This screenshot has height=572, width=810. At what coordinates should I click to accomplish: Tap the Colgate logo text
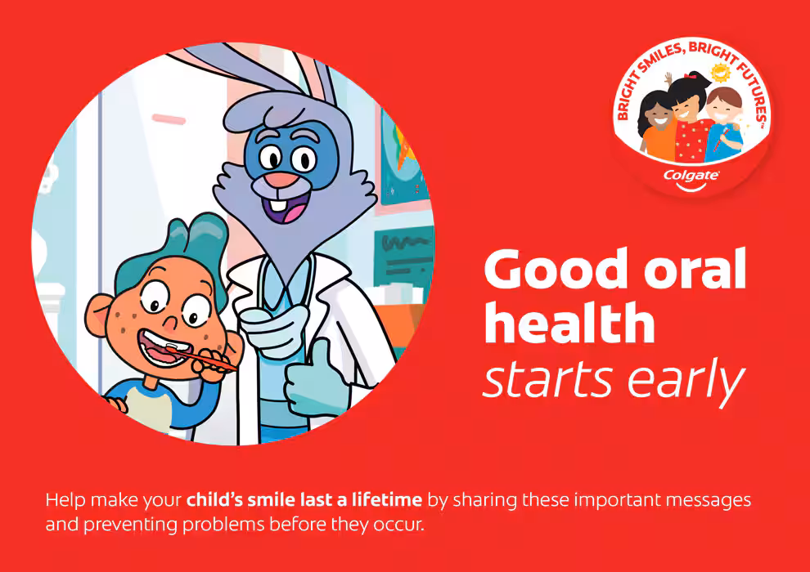(691, 176)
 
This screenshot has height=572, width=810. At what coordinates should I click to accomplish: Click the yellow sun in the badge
(720, 73)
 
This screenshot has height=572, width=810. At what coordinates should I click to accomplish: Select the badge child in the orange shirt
(656, 127)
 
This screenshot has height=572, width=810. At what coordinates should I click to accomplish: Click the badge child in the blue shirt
(723, 123)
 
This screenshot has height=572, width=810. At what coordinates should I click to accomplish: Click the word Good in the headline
(556, 269)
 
